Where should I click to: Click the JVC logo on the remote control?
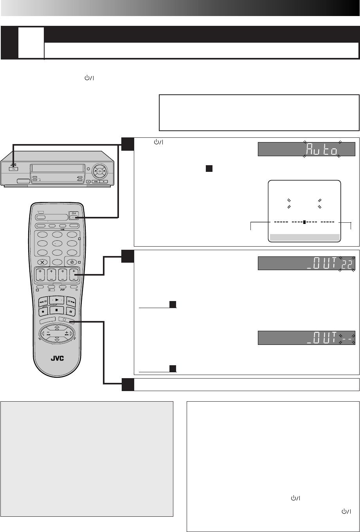[x=57, y=358]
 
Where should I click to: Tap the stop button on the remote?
[x=56, y=310]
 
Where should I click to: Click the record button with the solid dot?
[x=43, y=311]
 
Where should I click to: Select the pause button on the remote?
[x=70, y=311]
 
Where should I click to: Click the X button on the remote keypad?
[x=43, y=262]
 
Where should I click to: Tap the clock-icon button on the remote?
[x=72, y=262]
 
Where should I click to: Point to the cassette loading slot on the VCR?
[x=57, y=168]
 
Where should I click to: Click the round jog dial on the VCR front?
[x=100, y=171]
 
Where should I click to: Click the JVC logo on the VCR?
[x=13, y=165]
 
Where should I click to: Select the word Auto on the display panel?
[x=321, y=150]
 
